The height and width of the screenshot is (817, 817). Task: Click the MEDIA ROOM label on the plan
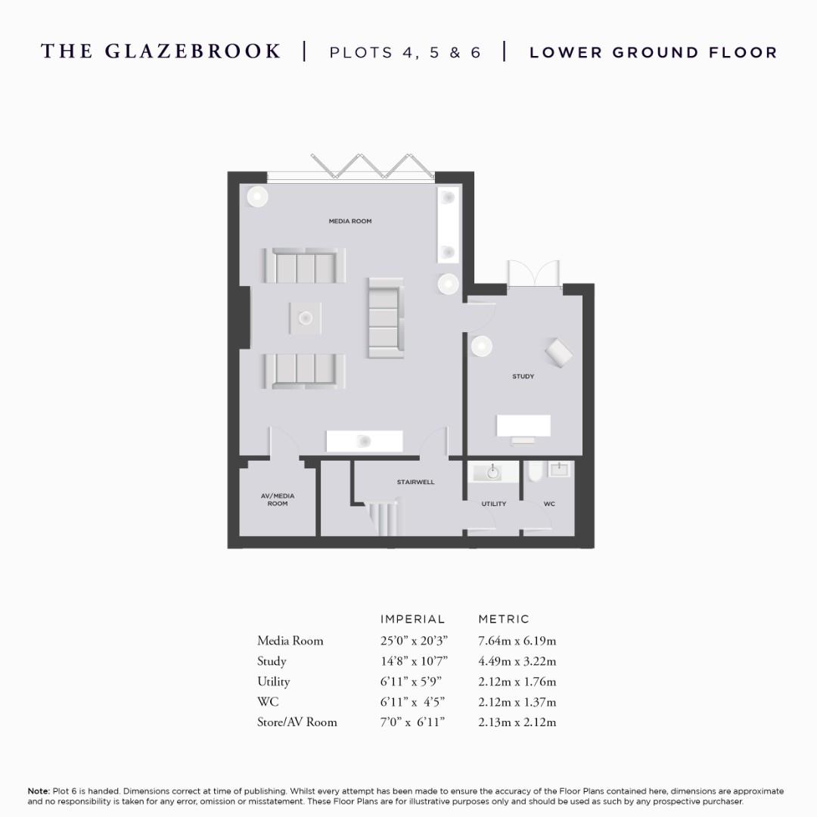349,222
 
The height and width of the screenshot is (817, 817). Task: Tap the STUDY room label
523,376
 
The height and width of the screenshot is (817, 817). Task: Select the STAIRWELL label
415,482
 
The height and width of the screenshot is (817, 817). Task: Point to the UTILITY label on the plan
494,504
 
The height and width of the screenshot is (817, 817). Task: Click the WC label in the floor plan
549,504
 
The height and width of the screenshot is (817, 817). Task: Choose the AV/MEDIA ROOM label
278,500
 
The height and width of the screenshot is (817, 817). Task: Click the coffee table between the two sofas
305,318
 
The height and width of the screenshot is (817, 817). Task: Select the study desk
523,426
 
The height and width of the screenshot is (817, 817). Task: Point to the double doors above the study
534,275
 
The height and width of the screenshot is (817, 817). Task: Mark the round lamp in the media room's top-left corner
257,196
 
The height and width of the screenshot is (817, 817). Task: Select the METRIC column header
504,619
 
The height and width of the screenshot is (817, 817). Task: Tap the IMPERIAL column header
412,619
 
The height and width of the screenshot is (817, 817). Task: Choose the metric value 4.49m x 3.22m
517,661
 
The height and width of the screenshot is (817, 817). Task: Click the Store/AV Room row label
297,722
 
